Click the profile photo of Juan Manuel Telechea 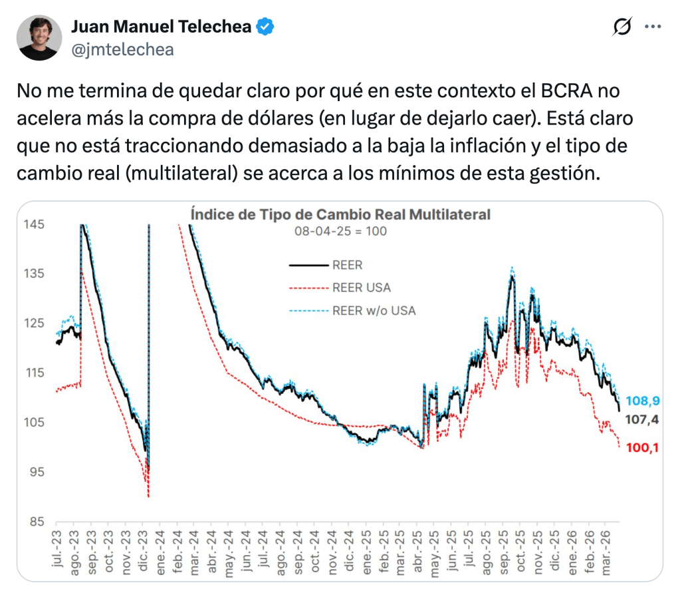point(39,38)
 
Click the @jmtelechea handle point(122,49)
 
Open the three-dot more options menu point(654,27)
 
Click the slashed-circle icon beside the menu point(622,27)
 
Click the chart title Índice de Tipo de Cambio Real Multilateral point(340,214)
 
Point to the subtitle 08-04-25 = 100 point(340,232)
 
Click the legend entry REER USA point(361,288)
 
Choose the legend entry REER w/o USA point(373,310)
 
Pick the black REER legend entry point(347,265)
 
